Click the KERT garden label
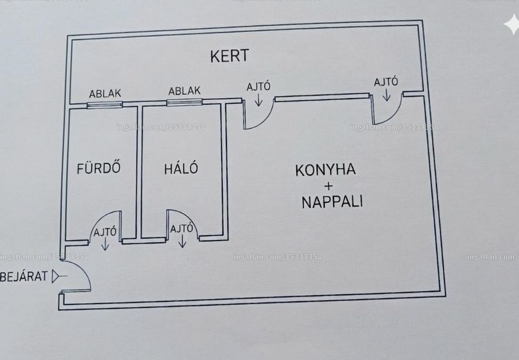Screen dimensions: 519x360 tap(230, 56)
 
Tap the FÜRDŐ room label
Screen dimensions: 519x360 tap(99, 168)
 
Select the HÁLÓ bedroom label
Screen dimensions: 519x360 tap(181, 168)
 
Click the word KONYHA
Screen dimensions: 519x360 tap(326, 170)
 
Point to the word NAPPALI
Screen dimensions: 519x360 tap(332, 201)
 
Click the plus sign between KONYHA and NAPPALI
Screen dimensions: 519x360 tap(328, 186)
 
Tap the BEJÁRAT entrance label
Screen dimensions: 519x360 tap(24, 276)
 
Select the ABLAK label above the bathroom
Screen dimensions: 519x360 tap(105, 93)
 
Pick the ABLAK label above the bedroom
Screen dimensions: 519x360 tap(184, 91)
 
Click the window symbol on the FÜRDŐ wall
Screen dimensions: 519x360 tap(104, 105)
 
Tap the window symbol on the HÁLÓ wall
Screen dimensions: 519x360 tap(184, 102)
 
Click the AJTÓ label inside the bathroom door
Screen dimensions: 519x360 tap(105, 232)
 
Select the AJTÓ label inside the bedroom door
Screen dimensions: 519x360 tap(182, 228)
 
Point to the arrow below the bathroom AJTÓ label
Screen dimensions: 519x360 tap(105, 244)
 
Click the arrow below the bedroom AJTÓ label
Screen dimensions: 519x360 tap(182, 241)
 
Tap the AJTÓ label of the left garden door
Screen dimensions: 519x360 tap(258, 87)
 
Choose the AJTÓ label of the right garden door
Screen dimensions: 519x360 tap(386, 82)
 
